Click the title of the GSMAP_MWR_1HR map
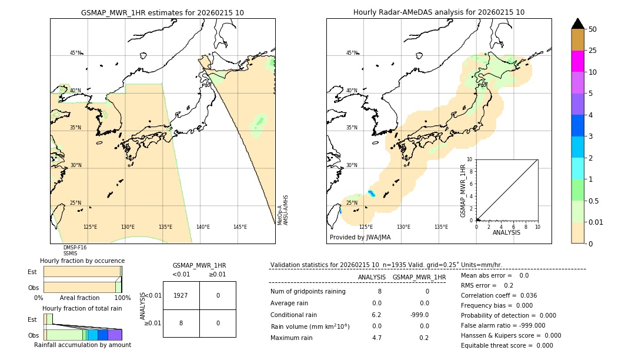tap(162, 12)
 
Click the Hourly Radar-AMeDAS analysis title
tap(439, 12)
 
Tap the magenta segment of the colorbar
tap(577, 61)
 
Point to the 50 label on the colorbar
tap(593, 29)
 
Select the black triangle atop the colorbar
tap(577, 24)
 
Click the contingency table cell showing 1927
tap(181, 295)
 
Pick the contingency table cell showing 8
tap(181, 323)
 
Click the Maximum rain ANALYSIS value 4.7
tap(376, 338)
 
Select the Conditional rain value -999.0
tap(419, 315)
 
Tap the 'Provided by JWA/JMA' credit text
tap(360, 237)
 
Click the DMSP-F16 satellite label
tap(75, 248)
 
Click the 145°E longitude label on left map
tap(240, 227)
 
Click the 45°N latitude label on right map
tap(352, 53)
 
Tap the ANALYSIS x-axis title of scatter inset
tap(507, 233)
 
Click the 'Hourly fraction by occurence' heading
tap(82, 261)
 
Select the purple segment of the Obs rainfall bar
tap(115, 335)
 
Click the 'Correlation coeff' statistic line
tap(499, 295)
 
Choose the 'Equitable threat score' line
tap(507, 345)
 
